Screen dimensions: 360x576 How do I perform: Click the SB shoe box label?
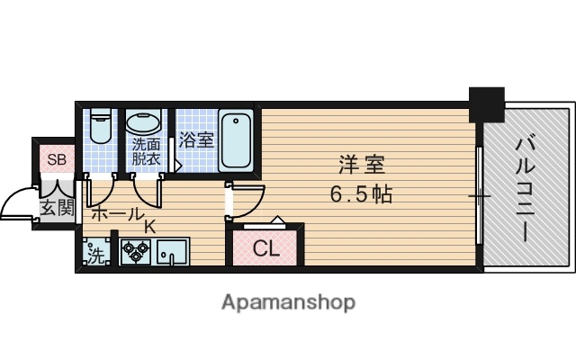point(57,160)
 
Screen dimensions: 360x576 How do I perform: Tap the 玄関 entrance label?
point(54,209)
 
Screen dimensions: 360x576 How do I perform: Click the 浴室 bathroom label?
point(196,140)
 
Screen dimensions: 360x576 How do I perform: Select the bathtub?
point(237,139)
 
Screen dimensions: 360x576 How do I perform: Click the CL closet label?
point(265,248)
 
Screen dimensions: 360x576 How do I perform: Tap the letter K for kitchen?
point(150,227)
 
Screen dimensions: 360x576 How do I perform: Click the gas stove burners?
point(137,251)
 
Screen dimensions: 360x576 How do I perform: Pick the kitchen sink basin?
point(172,251)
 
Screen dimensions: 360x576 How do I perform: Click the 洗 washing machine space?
point(96,255)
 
